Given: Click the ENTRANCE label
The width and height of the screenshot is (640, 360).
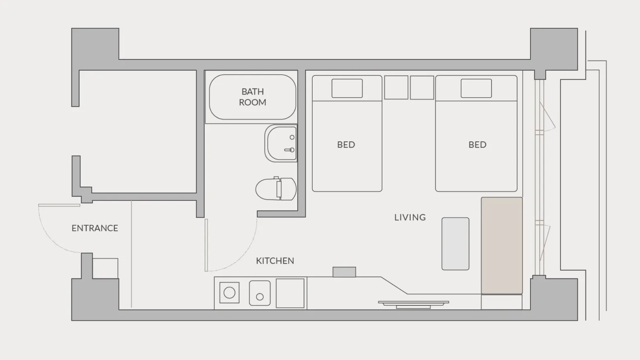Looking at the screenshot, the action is click(x=95, y=228).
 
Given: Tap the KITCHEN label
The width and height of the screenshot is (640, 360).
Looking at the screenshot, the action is click(x=275, y=261).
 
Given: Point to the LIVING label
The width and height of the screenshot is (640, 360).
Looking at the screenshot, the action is click(x=410, y=217).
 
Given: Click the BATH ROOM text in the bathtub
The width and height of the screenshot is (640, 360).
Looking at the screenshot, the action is click(x=253, y=97).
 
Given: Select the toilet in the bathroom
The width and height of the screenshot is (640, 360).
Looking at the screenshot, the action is click(x=276, y=189).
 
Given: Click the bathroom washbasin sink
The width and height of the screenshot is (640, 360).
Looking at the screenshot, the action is click(x=281, y=144).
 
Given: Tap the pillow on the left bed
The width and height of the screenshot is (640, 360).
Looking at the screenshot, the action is click(x=347, y=89).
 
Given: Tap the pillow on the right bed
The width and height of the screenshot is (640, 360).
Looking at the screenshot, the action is click(x=476, y=89).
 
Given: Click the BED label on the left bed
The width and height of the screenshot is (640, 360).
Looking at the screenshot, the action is click(x=346, y=145).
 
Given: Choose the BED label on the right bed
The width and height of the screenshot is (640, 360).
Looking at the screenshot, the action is click(x=478, y=145).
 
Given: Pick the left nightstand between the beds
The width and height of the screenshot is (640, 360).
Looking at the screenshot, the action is click(x=396, y=87).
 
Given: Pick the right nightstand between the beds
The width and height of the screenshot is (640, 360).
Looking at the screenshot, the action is click(x=422, y=87).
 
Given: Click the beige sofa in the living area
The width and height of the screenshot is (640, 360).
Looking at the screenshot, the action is click(x=502, y=246).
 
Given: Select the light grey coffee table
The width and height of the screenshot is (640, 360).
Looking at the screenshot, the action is click(x=455, y=244).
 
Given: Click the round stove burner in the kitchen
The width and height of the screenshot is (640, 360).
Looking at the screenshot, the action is click(x=229, y=293).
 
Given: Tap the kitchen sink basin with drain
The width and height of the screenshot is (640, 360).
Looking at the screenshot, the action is click(x=260, y=293).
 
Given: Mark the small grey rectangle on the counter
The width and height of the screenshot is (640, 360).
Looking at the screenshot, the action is click(x=344, y=272).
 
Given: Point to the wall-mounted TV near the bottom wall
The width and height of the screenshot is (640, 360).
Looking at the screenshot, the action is click(x=414, y=305).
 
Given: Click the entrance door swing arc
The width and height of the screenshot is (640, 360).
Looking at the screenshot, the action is click(x=48, y=238).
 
